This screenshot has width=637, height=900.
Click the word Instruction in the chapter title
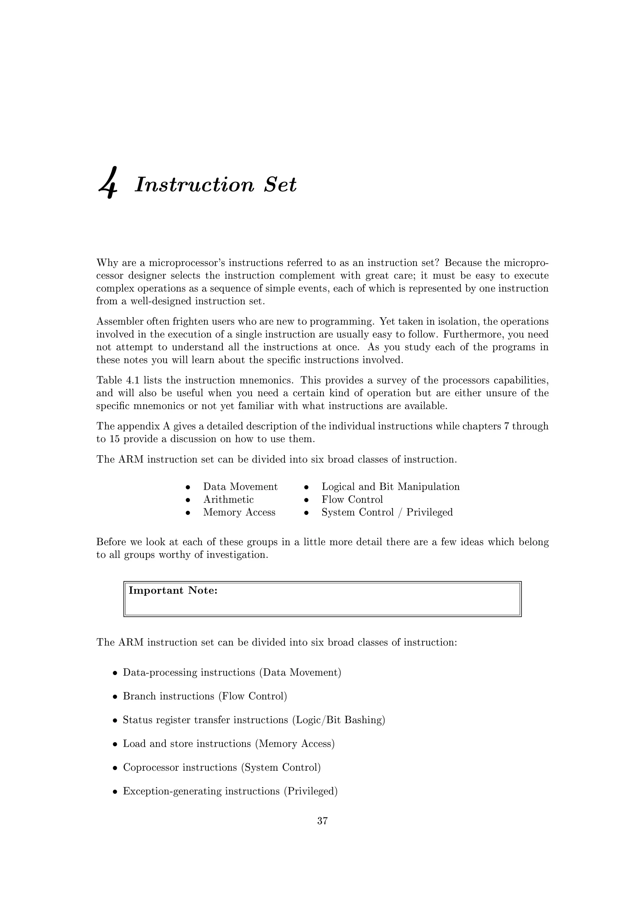point(194,185)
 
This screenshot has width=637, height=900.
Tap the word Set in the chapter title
point(280,185)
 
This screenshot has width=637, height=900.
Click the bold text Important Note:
point(173,590)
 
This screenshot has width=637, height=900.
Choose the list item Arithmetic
point(228,499)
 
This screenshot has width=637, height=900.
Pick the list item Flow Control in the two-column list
point(352,499)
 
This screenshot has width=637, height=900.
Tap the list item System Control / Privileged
point(387,512)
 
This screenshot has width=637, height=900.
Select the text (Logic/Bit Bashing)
point(338,720)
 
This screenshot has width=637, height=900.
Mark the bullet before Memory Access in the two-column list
point(188,513)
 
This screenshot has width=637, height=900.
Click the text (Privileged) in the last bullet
point(311,791)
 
